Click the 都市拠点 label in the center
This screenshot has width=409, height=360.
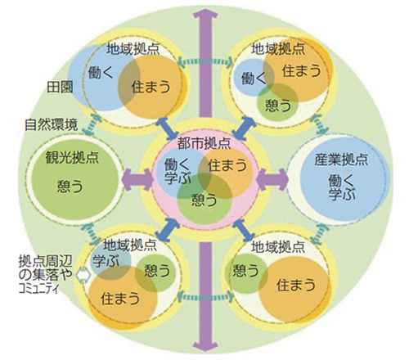pyautogui.click(x=204, y=143)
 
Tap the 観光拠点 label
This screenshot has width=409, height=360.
pyautogui.click(x=72, y=157)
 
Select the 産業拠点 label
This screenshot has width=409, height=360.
pyautogui.click(x=341, y=160)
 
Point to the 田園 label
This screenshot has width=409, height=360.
pyautogui.click(x=61, y=88)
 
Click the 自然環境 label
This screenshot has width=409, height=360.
pyautogui.click(x=52, y=124)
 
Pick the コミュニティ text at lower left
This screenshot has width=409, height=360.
pyautogui.click(x=38, y=289)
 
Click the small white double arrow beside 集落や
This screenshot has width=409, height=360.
pyautogui.click(x=83, y=275)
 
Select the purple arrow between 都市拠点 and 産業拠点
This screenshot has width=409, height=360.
pyautogui.click(x=272, y=179)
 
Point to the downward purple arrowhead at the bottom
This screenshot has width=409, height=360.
pyautogui.click(x=205, y=346)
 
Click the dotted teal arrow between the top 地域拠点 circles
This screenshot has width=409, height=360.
pyautogui.click(x=204, y=62)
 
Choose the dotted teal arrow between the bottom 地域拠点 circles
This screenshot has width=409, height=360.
pyautogui.click(x=205, y=297)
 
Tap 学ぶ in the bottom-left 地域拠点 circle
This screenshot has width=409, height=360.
pyautogui.click(x=106, y=261)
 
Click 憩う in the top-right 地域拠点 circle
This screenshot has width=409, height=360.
pyautogui.click(x=278, y=105)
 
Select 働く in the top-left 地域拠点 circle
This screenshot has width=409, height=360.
pyautogui.click(x=101, y=72)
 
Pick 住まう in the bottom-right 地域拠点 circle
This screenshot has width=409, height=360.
pyautogui.click(x=296, y=285)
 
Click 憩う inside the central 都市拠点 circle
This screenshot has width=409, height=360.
pyautogui.click(x=204, y=200)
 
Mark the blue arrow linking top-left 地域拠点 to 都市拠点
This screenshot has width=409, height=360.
pyautogui.click(x=168, y=128)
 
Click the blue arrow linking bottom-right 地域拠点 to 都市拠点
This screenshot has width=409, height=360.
pyautogui.click(x=244, y=231)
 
